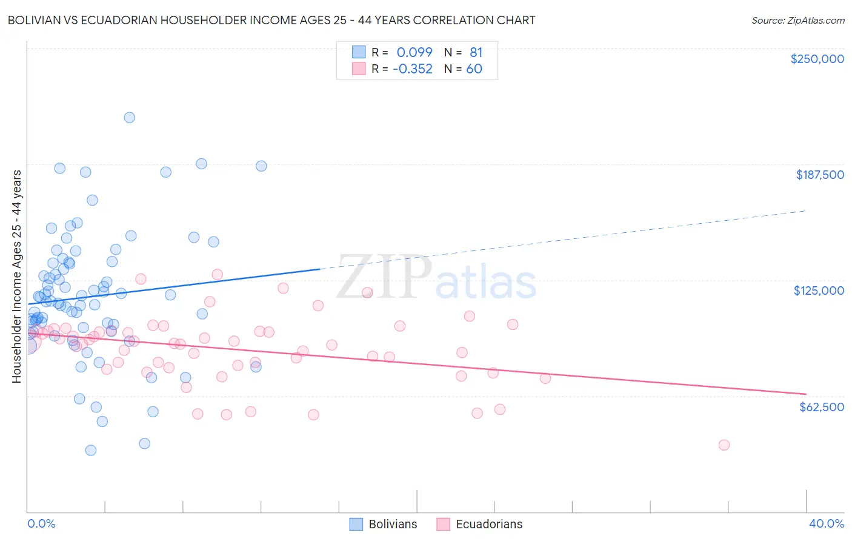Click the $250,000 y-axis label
(817, 59)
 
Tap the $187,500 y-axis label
(819, 175)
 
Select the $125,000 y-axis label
(819, 291)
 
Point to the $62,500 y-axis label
(821, 407)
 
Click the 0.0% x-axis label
(41, 523)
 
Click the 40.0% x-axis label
(827, 523)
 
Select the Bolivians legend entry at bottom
(384, 524)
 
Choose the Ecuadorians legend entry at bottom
(479, 524)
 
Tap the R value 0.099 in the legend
(414, 52)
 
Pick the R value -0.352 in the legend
(413, 69)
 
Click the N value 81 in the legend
(476, 52)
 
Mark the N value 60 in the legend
(474, 69)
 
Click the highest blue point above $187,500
(129, 118)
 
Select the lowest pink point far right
(724, 445)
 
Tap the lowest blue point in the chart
(91, 450)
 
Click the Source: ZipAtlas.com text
(797, 20)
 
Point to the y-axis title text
(16, 277)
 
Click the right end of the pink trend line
(805, 394)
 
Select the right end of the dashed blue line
(805, 210)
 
